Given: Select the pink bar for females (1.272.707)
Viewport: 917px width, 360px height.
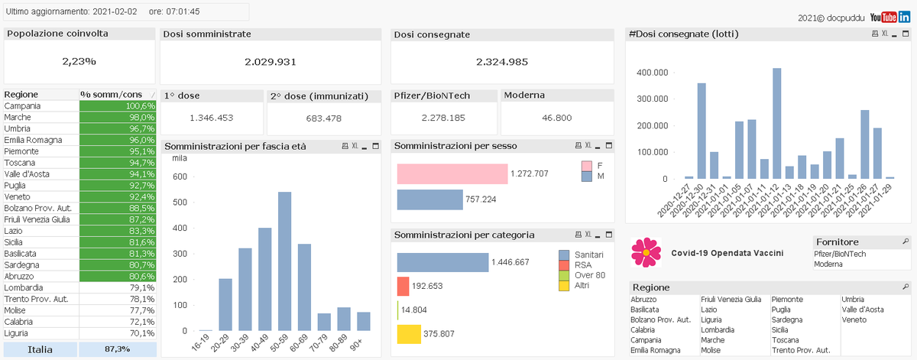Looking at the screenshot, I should (452, 174).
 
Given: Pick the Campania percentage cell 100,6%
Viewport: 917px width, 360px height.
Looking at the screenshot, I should (118, 105).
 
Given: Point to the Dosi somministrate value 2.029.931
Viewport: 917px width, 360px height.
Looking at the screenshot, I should (270, 62).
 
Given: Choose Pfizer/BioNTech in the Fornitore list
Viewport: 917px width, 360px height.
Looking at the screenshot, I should (840, 254).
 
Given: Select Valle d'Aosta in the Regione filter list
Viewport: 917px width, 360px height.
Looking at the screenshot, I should (863, 310).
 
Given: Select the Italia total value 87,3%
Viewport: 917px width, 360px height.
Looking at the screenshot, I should (118, 349).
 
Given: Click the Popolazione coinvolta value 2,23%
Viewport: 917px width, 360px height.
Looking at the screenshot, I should (79, 61).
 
